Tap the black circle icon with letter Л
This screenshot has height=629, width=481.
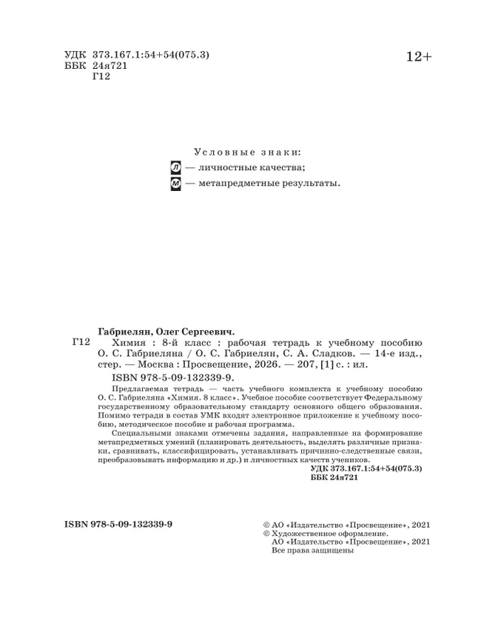[175, 168]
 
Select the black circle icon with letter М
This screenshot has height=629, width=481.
[175, 184]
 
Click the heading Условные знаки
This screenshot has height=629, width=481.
[246, 152]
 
